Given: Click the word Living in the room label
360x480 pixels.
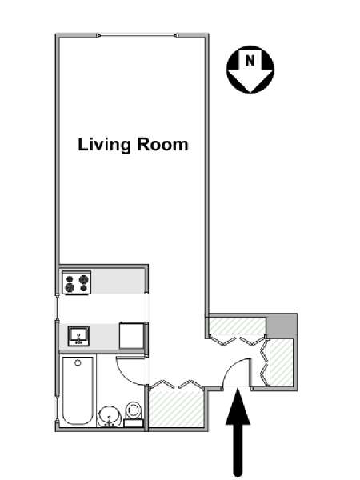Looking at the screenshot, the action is [104, 145].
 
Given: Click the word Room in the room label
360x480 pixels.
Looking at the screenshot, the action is [162, 144].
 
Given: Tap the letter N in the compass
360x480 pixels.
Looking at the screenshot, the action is [250, 60].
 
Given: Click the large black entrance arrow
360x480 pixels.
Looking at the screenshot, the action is [238, 433].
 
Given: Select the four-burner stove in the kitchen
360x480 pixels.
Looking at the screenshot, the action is [77, 282].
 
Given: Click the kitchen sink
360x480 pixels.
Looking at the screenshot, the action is [78, 336].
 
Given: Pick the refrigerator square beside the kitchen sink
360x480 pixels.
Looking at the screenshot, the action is [131, 335].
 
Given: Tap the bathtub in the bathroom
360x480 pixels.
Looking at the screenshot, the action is [78, 390].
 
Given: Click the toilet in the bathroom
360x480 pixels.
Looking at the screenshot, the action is [134, 414].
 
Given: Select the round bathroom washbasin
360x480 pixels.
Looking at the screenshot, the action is [110, 416].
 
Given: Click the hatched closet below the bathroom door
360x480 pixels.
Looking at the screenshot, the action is [176, 407].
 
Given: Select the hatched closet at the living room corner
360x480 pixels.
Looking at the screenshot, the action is [238, 326].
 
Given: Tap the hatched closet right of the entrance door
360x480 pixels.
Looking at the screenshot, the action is [281, 362].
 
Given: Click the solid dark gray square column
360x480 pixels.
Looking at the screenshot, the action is [282, 326].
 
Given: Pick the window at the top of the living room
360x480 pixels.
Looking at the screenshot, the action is [138, 36].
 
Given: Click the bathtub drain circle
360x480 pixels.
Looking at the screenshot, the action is [78, 363].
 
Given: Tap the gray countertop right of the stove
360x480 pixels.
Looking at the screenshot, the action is [118, 282].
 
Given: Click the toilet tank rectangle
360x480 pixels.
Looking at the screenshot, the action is [134, 423].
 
